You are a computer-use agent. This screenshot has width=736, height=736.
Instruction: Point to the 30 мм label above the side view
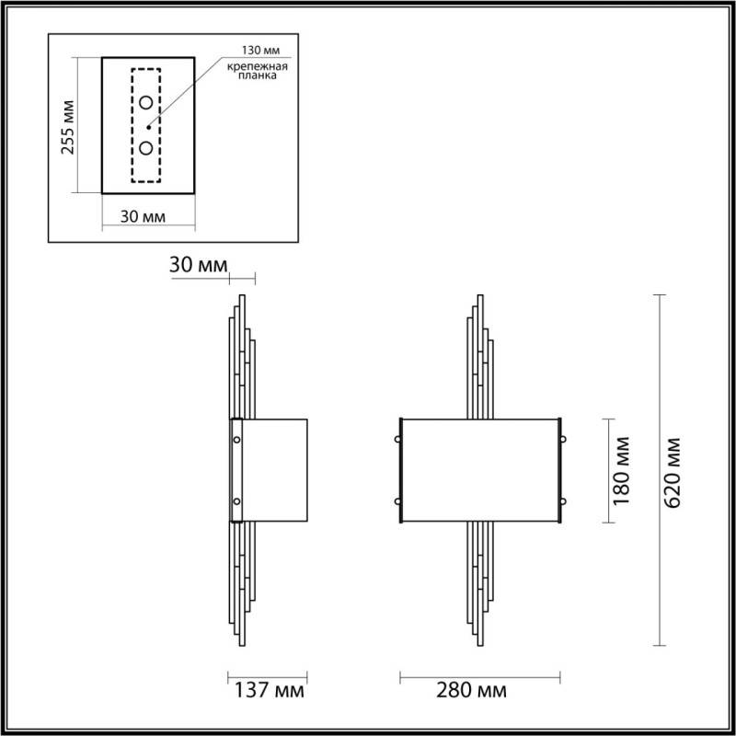coord(198,265)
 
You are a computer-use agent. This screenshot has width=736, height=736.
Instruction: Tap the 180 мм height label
coord(622,470)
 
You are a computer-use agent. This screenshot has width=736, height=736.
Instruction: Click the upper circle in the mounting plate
coord(145,102)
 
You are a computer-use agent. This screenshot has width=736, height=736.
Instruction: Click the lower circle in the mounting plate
coord(145,148)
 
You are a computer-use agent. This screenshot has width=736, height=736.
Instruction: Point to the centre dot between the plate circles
coord(148,126)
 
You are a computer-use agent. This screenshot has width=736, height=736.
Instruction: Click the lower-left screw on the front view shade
coord(398,501)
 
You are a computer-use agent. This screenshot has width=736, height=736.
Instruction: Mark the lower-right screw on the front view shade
coord(562,501)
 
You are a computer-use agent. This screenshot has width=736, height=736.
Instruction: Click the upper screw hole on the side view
coord(236,440)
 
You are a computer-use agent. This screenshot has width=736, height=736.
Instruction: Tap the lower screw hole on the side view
coord(236,501)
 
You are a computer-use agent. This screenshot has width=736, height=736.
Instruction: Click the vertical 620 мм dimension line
coord(658,469)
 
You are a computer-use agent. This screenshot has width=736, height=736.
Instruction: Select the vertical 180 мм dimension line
coord(604,470)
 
